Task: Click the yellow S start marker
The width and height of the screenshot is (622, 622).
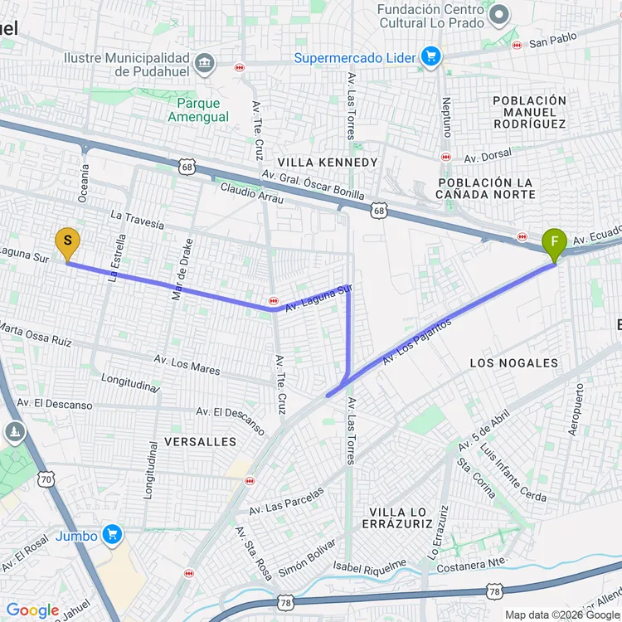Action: (67, 244)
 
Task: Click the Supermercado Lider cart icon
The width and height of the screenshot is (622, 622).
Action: (430, 57)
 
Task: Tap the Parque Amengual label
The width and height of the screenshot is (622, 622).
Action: (198, 110)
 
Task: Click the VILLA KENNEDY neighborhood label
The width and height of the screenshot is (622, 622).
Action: (328, 163)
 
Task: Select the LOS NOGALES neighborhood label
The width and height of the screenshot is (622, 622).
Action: (514, 363)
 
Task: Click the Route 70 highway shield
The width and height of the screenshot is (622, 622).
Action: (46, 479)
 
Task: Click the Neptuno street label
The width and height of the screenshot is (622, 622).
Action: (447, 115)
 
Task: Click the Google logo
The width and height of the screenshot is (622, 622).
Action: (33, 610)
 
